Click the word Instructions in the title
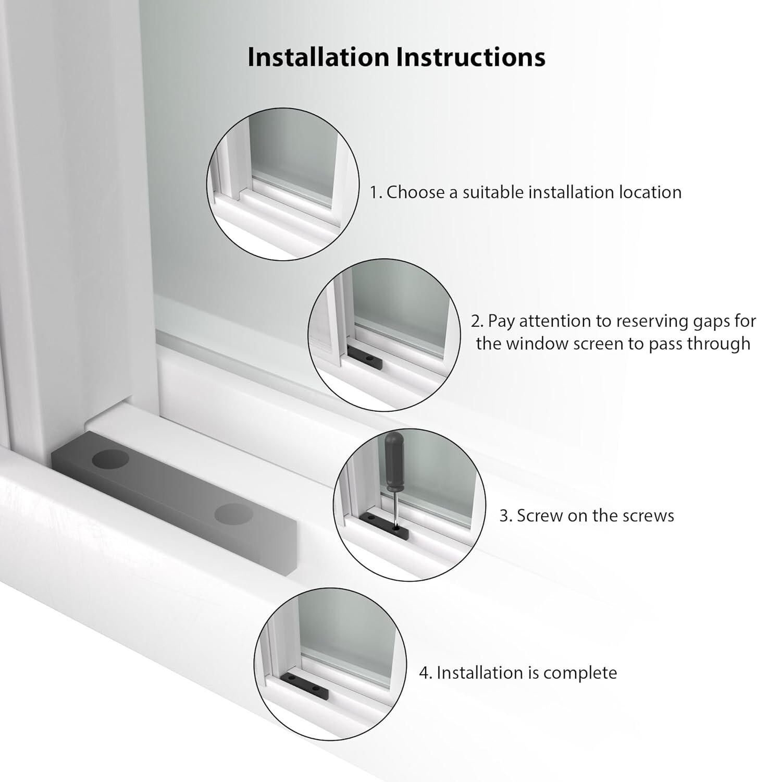point(471,57)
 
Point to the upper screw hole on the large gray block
point(110,459)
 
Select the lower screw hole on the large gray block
point(234,514)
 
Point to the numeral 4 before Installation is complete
point(424,673)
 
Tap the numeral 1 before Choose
point(374,192)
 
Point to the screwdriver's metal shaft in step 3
point(395,509)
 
